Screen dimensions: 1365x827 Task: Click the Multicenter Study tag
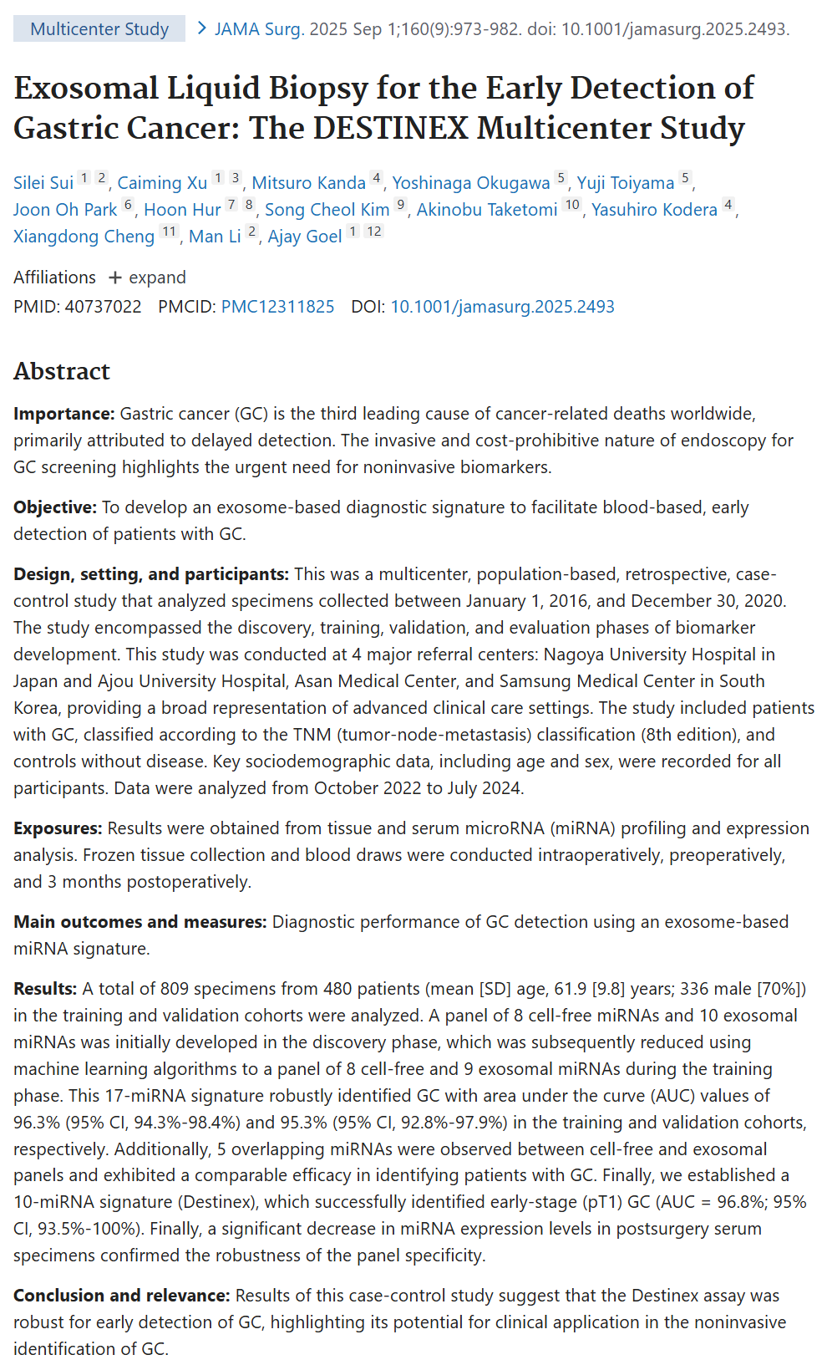coord(99,29)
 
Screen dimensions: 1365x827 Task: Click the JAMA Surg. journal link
coord(258,29)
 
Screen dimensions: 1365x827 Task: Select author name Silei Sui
coord(43,183)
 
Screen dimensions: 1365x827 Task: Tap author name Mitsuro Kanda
coord(308,183)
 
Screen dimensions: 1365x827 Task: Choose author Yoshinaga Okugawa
coord(471,183)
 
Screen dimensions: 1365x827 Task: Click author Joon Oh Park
coord(65,210)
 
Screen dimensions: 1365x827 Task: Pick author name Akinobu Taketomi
coord(487,210)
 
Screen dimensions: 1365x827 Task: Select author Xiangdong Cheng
coord(84,237)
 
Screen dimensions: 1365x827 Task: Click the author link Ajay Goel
coord(305,237)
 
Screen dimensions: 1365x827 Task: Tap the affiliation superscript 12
coord(374,232)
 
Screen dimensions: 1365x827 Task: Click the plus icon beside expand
coord(115,278)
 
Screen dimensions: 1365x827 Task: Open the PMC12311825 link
coord(277,307)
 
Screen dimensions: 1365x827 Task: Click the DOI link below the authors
coord(502,307)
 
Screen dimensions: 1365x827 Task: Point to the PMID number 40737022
coord(103,307)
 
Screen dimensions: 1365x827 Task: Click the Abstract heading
coord(62,371)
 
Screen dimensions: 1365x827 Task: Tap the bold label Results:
coord(45,989)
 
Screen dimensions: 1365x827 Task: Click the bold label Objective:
coord(55,507)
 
